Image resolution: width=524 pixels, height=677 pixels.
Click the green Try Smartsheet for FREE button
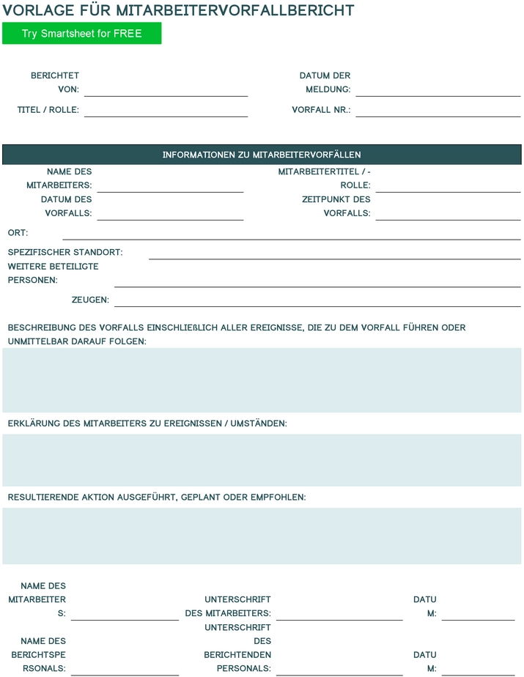(81, 34)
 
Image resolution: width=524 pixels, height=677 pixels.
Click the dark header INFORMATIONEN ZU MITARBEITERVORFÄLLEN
(262, 155)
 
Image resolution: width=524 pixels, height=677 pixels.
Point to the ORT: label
(18, 233)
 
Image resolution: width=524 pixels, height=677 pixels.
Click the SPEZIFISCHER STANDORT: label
(65, 253)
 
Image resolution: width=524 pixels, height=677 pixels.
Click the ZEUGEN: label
(90, 300)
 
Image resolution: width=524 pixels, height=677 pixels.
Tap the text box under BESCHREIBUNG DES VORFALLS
(262, 380)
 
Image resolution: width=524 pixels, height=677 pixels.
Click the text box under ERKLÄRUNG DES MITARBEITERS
(262, 459)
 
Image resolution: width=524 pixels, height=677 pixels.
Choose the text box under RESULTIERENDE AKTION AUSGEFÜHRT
(262, 535)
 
